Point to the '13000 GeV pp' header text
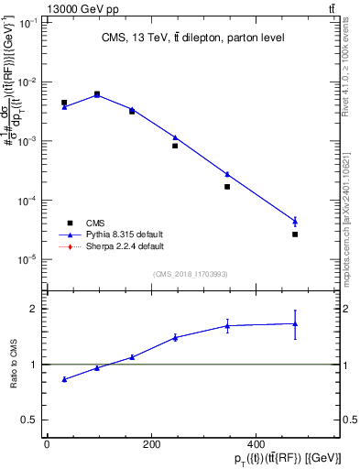40,8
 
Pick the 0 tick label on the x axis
47,444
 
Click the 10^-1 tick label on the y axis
27,23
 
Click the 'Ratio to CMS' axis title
12,364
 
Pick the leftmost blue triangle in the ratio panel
64,379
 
